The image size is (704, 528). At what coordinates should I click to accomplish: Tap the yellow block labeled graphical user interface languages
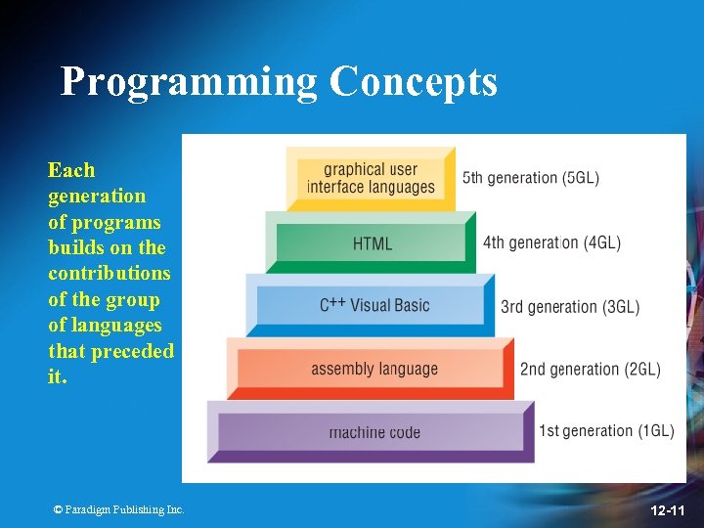click(x=371, y=178)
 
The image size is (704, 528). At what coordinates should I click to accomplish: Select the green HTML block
click(x=372, y=243)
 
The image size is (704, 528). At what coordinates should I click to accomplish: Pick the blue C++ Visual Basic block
click(x=374, y=305)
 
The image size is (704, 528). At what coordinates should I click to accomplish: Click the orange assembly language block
click(x=374, y=369)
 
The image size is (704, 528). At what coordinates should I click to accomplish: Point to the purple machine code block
click(x=374, y=431)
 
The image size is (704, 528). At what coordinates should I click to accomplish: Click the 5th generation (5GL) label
click(x=530, y=178)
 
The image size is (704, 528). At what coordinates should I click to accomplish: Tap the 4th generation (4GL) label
click(x=551, y=242)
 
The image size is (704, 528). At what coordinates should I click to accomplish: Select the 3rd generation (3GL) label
click(x=570, y=307)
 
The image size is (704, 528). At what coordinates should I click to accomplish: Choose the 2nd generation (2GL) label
click(x=590, y=369)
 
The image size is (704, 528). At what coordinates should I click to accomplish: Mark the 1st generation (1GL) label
click(x=606, y=431)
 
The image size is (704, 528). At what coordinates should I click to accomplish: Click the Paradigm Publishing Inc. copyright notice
click(x=118, y=509)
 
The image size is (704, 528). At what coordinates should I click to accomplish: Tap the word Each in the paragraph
click(x=71, y=170)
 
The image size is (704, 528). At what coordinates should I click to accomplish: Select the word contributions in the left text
click(x=109, y=273)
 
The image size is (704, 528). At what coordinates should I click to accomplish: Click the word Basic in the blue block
click(x=412, y=305)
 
